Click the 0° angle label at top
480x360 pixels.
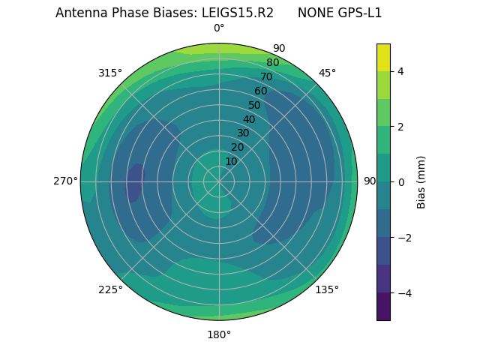click(219, 28)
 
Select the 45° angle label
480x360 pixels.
click(327, 73)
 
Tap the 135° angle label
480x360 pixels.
click(327, 289)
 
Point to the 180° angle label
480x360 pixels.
click(219, 334)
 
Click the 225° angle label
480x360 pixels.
click(110, 289)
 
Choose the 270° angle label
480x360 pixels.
click(65, 181)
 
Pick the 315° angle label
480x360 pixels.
click(110, 73)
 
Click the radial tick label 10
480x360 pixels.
click(231, 161)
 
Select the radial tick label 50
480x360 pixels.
click(255, 105)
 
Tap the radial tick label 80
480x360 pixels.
click(272, 63)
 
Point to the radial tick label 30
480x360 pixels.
click(243, 133)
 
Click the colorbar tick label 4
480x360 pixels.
click(400, 71)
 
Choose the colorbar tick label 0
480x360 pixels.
click(400, 181)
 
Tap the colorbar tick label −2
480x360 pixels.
click(403, 237)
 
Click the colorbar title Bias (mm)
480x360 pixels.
click(421, 181)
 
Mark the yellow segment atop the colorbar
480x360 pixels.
click(383, 57)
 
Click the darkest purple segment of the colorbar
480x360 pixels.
click(383, 306)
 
